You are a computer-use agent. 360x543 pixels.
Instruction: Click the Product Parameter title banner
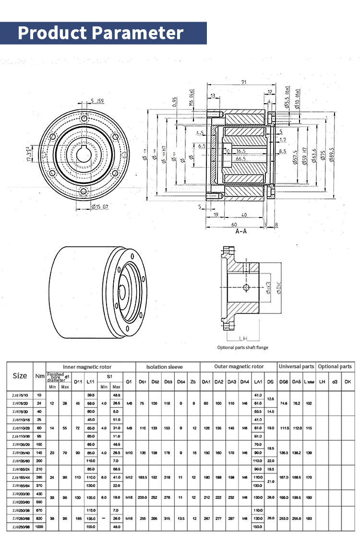click(x=101, y=33)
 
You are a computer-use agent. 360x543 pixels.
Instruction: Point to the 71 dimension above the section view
click(x=244, y=83)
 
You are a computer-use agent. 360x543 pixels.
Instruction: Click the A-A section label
click(x=241, y=231)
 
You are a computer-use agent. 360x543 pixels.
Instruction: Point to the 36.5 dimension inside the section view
click(x=240, y=151)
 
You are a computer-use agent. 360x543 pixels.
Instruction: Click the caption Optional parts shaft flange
click(x=242, y=347)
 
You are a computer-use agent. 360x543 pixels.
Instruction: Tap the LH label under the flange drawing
click(x=242, y=338)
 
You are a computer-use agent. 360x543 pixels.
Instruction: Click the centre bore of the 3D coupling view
click(x=123, y=289)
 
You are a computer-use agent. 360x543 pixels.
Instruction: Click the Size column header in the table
click(x=20, y=375)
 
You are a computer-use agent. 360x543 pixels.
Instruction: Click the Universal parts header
click(x=297, y=367)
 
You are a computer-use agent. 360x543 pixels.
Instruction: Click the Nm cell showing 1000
click(x=39, y=527)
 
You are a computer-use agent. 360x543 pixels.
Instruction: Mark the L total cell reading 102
click(x=309, y=403)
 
